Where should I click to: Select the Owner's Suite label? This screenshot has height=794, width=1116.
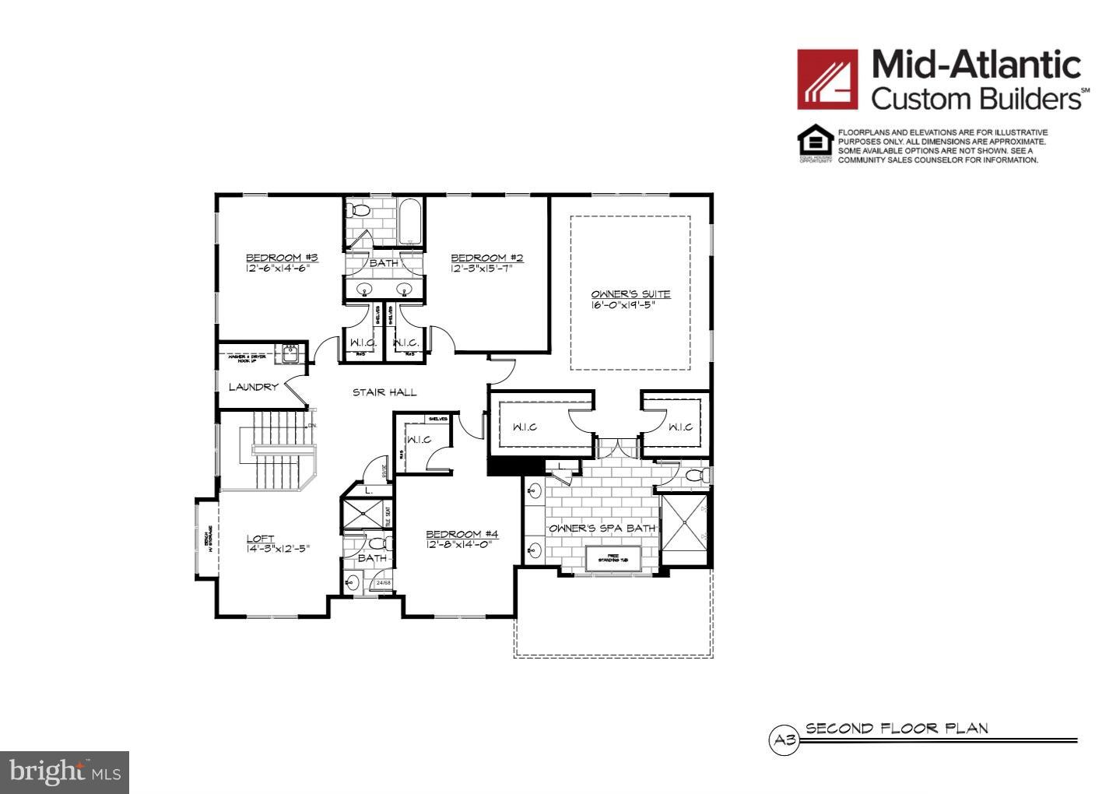pyautogui.click(x=630, y=294)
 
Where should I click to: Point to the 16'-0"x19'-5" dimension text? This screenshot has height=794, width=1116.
pyautogui.click(x=623, y=305)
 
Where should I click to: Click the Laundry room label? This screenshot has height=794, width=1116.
pyautogui.click(x=253, y=387)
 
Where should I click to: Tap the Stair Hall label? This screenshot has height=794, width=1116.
pyautogui.click(x=384, y=392)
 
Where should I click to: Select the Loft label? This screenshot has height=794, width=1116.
pyautogui.click(x=260, y=538)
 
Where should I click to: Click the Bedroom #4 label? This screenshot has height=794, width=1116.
pyautogui.click(x=461, y=534)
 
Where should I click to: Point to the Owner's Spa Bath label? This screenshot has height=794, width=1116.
pyautogui.click(x=602, y=529)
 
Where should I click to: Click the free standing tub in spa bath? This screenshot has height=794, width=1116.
pyautogui.click(x=612, y=558)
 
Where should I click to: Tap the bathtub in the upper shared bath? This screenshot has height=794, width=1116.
pyautogui.click(x=410, y=222)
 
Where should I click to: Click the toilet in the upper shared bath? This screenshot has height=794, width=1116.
pyautogui.click(x=360, y=210)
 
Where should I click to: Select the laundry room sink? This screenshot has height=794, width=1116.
pyautogui.click(x=291, y=353)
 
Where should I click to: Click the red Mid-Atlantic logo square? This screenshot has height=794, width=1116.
pyautogui.click(x=827, y=79)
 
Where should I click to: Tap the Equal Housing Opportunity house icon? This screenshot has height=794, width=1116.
pyautogui.click(x=815, y=142)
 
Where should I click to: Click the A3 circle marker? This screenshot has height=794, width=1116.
pyautogui.click(x=784, y=740)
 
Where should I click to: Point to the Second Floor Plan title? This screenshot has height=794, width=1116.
pyautogui.click(x=897, y=729)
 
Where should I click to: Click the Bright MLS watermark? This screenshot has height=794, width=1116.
pyautogui.click(x=65, y=772)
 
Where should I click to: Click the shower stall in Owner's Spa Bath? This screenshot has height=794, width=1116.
pyautogui.click(x=684, y=529)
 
